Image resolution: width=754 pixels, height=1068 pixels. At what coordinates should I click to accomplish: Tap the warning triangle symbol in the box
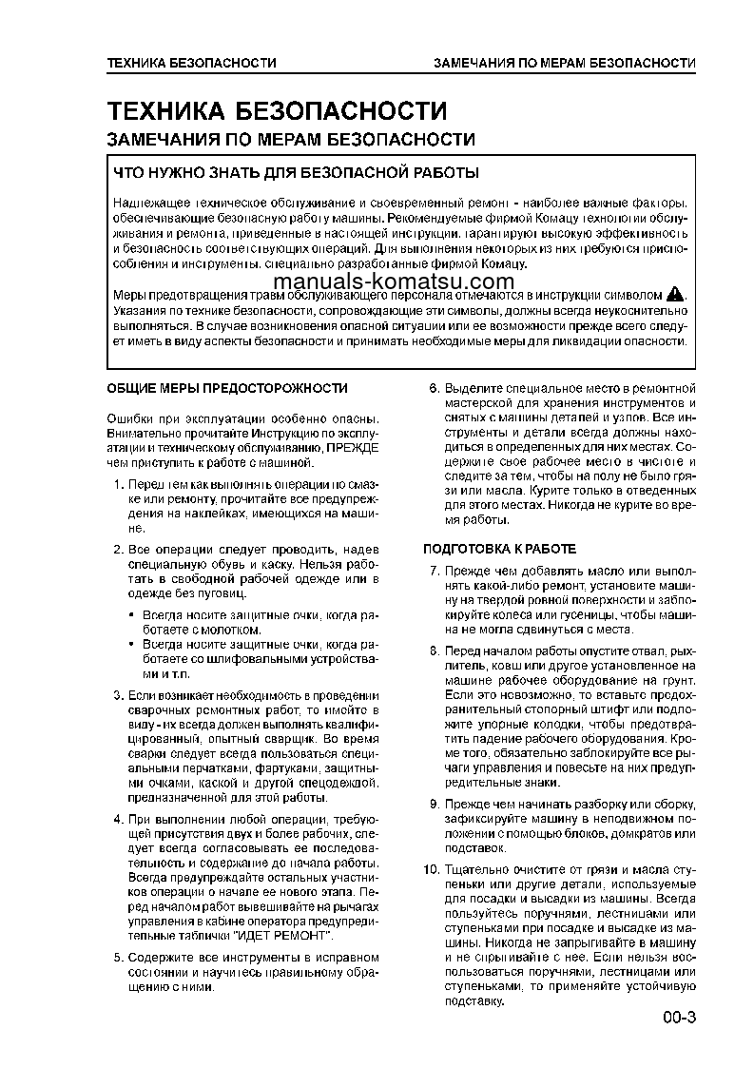(674, 293)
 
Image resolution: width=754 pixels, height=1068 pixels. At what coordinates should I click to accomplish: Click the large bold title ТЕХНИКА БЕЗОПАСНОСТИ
(276, 111)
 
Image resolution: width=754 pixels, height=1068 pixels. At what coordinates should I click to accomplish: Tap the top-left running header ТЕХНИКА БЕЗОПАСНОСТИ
(191, 64)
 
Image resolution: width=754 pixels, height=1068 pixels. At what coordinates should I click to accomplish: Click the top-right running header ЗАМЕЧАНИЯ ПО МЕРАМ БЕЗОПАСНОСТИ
(564, 64)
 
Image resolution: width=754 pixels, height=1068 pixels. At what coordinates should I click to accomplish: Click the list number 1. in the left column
(119, 485)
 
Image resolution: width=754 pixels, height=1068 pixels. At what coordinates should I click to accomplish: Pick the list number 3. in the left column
(119, 695)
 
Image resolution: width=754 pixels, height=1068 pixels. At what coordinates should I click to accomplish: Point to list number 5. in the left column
(119, 958)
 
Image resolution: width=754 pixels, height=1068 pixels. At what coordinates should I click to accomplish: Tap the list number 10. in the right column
(431, 870)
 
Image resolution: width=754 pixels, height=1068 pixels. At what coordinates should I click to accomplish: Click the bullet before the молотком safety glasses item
(132, 616)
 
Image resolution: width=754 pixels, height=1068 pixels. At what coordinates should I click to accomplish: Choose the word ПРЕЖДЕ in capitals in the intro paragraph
(353, 446)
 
